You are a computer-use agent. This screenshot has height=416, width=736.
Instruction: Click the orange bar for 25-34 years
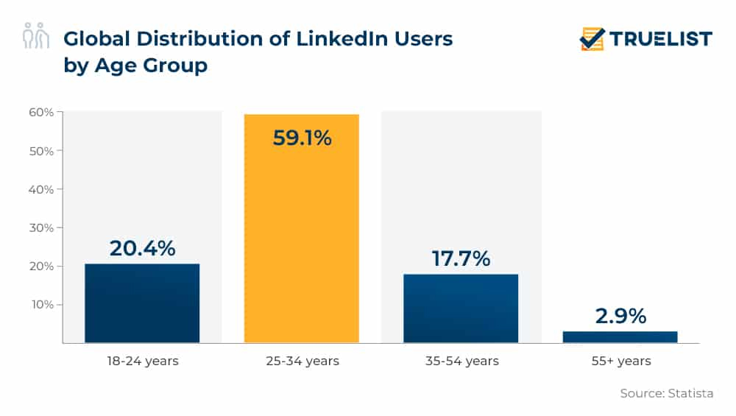point(302,236)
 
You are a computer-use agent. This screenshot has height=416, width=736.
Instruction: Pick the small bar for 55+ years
point(620,336)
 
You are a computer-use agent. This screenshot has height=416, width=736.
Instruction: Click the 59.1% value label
point(302,138)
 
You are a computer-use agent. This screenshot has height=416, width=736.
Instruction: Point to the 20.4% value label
point(142,248)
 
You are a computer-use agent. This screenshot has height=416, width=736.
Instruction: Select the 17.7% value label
point(461,258)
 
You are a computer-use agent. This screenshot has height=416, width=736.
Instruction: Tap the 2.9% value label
point(620,316)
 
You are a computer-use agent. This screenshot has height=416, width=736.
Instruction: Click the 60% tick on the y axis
point(41,113)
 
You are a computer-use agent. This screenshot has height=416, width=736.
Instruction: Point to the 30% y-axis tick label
point(41,228)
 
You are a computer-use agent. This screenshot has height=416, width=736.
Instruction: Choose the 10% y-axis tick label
point(41,304)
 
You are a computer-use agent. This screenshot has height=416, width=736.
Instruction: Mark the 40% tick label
point(41,189)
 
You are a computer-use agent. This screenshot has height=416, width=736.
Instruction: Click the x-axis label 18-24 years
point(142,361)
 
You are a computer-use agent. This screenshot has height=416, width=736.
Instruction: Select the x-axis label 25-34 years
point(302,361)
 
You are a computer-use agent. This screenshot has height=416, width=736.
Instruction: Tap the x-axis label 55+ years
point(620,361)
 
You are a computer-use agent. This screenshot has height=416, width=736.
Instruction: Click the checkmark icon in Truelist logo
point(592,38)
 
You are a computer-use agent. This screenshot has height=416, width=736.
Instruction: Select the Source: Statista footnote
point(667,393)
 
